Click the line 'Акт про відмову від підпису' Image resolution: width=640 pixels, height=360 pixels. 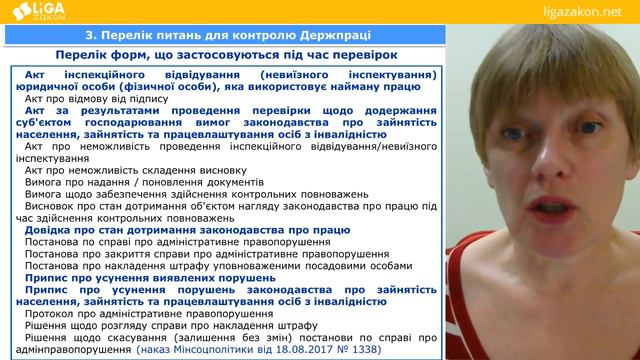[97, 101]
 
